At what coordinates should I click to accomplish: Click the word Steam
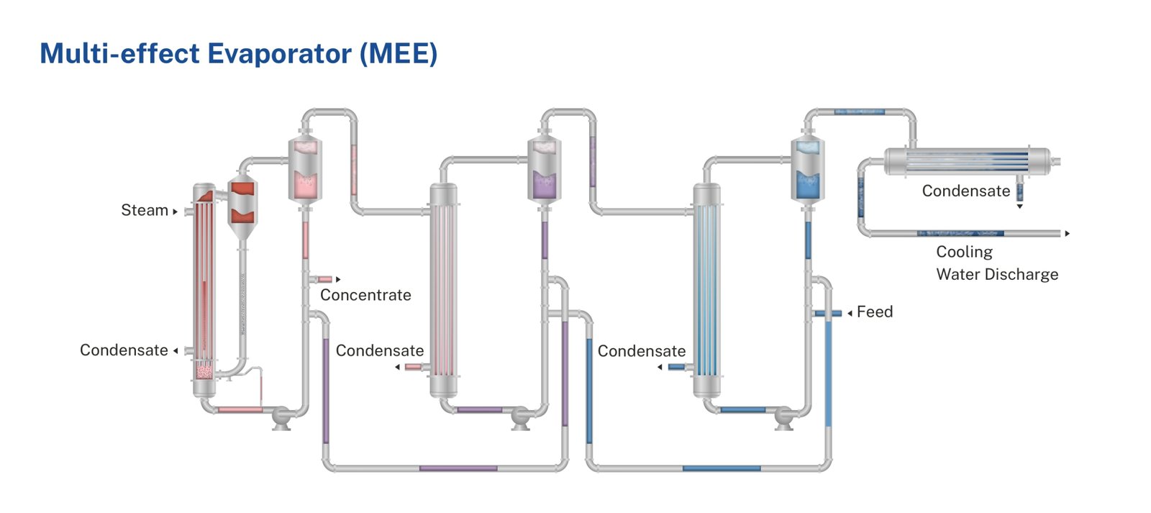coord(144,210)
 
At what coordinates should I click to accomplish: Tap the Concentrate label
coord(365,295)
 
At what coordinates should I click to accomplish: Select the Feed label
coord(875,312)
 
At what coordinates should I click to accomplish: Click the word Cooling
coord(964,252)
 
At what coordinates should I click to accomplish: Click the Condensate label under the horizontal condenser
coord(965,191)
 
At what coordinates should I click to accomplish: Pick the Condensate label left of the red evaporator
coord(124,350)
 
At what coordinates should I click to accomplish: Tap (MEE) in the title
coord(399,54)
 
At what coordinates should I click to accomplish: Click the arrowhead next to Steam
coord(175,212)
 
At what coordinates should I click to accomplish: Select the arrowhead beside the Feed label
coord(850,313)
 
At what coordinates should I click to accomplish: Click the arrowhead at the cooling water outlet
coord(1068,233)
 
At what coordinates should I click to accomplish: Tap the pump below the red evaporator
coord(281,417)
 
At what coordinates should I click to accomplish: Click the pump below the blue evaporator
coord(783,417)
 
